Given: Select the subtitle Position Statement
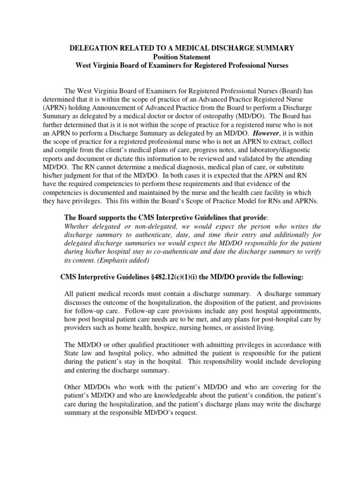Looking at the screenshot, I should (x=182, y=56).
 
